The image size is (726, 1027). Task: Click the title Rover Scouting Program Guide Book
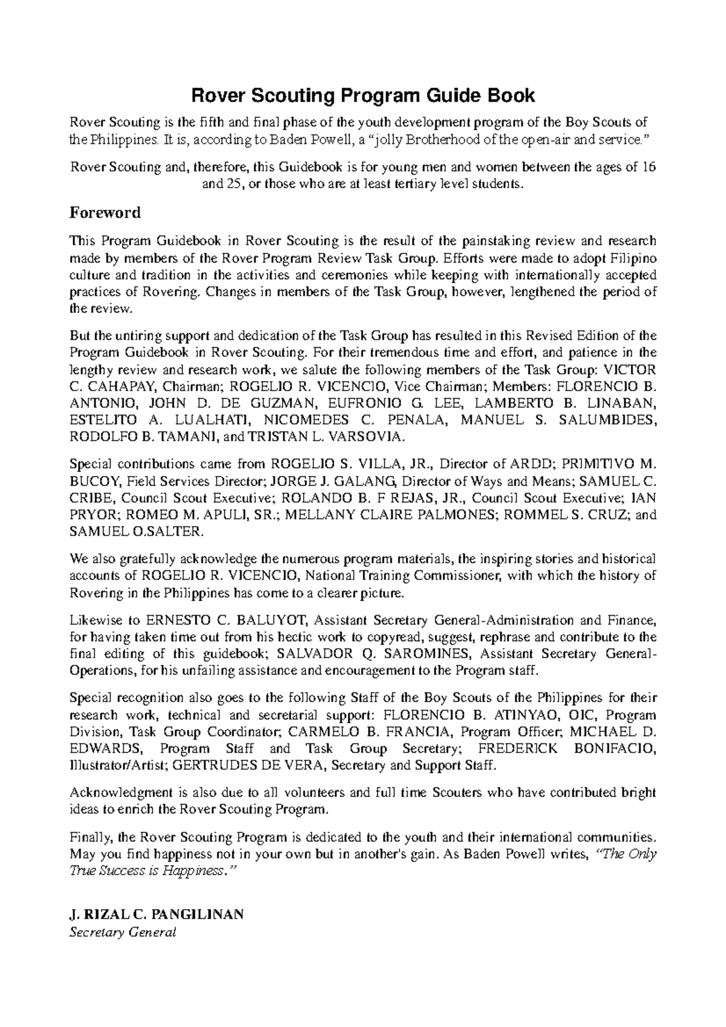pyautogui.click(x=363, y=96)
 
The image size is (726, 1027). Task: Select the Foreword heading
pyautogui.click(x=105, y=213)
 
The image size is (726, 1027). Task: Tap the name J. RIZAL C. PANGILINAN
pyautogui.click(x=157, y=915)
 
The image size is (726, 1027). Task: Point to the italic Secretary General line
pyautogui.click(x=123, y=932)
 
